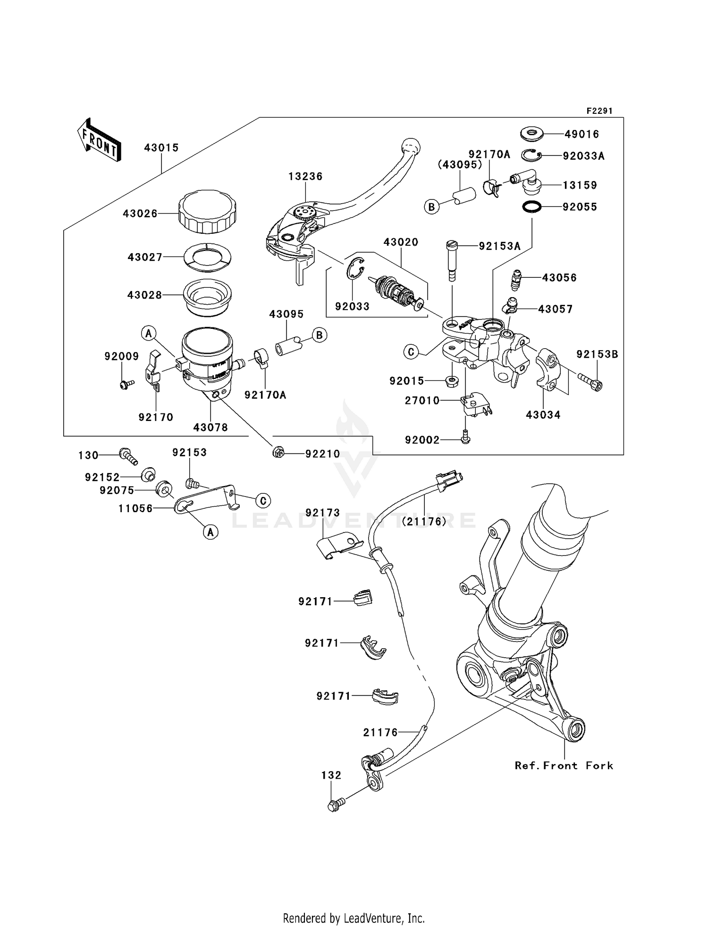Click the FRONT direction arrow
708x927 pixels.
99,140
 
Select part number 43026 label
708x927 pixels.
140,214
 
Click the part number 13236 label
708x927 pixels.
305,176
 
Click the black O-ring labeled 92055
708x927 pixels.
532,206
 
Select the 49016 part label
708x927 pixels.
582,134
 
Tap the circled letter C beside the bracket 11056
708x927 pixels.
262,500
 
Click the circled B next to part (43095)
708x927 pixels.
431,206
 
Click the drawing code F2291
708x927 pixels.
599,111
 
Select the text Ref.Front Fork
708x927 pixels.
564,765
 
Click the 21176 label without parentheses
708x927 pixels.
380,732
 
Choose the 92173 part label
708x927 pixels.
322,513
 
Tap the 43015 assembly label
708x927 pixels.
161,148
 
